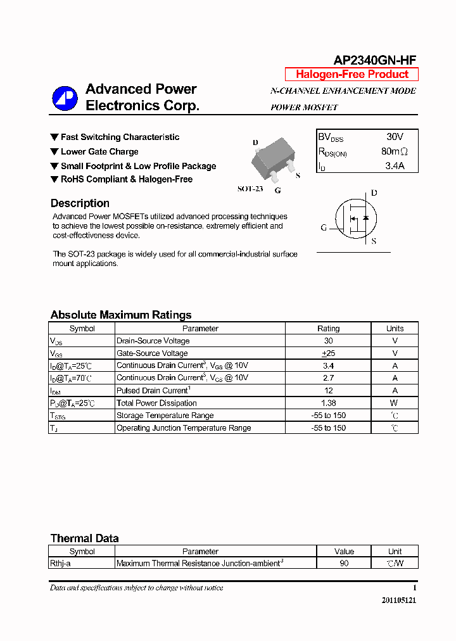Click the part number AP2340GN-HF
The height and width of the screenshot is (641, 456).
click(375, 60)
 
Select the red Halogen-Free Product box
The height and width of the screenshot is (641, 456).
click(351, 74)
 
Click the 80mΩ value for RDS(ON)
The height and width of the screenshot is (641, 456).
click(395, 152)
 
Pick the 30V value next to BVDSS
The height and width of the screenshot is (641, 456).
click(395, 137)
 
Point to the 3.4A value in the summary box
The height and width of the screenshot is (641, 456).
click(395, 167)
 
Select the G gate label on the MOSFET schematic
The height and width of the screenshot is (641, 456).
click(324, 227)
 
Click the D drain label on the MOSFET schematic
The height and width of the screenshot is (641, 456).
click(374, 193)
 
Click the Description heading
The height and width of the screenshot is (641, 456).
click(80, 203)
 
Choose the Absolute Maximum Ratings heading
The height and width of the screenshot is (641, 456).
click(120, 315)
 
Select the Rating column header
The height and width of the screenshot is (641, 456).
click(328, 328)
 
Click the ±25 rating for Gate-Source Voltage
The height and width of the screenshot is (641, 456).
click(328, 353)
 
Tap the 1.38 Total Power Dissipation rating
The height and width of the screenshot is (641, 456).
click(328, 403)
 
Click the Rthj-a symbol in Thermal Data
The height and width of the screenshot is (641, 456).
click(60, 563)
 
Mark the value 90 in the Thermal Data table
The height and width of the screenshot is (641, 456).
click(344, 563)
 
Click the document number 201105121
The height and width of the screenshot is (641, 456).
click(399, 600)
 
